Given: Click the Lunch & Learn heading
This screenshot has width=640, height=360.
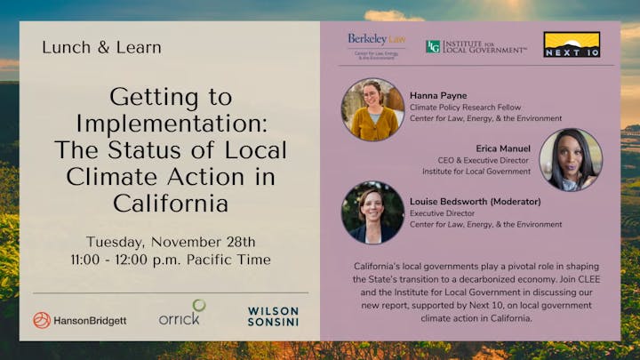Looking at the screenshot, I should click(101, 47).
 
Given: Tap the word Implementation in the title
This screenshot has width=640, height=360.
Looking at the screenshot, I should click(171, 123).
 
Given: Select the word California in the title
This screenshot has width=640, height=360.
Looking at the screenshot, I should click(171, 204).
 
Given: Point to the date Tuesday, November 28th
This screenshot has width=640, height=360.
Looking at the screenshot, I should click(171, 242).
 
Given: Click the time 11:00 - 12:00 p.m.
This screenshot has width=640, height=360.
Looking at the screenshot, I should click(143, 260).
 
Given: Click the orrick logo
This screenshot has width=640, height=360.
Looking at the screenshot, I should click(181, 314).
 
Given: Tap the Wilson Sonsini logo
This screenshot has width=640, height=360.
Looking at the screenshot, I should click(273, 316).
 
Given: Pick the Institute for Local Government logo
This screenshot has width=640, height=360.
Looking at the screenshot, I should click(476, 46).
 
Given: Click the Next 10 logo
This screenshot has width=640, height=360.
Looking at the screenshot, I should click(572, 44).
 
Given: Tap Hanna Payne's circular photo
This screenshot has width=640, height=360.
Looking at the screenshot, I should click(373, 109).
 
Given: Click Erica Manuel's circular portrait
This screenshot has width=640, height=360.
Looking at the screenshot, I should click(571, 160).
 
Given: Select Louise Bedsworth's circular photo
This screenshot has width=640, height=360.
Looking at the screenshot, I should click(373, 213).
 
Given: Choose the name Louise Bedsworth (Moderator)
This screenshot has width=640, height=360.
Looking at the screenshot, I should click(476, 202).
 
